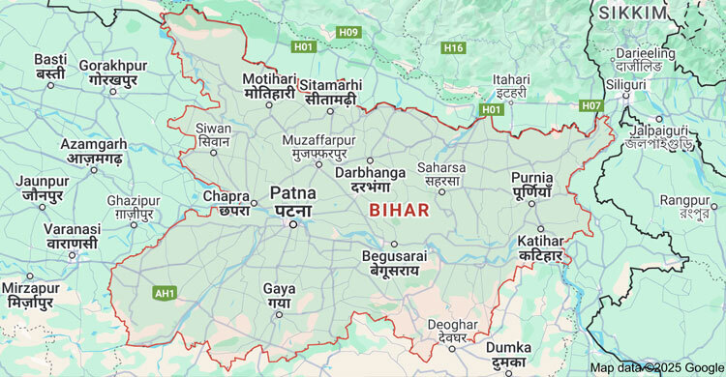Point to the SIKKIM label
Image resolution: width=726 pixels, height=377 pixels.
pos(633,13)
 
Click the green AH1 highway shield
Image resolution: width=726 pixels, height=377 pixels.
pos(165,291)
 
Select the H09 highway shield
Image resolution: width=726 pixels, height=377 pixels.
pos(348,33)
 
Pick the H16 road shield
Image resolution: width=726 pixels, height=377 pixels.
pos(452,47)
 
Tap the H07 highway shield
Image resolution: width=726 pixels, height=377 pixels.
pos(591,104)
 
